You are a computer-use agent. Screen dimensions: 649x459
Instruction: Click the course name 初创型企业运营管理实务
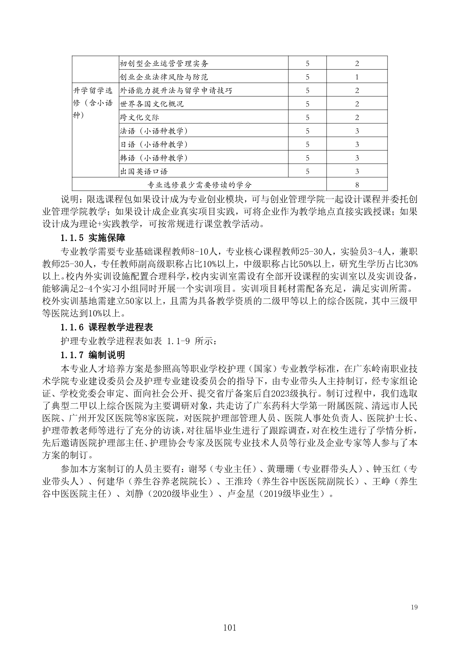(x=164, y=63)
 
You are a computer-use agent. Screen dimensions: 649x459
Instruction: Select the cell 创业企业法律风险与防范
(x=164, y=77)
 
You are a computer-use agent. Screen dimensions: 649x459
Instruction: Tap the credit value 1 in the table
(x=357, y=77)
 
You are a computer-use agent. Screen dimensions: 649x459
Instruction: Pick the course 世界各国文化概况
(x=152, y=104)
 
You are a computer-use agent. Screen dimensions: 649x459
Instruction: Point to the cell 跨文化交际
(x=140, y=117)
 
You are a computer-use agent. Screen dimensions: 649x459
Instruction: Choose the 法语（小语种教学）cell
(x=154, y=131)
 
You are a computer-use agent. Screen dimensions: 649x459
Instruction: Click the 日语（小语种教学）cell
(x=154, y=144)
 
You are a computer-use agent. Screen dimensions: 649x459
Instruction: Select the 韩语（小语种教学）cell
(x=154, y=158)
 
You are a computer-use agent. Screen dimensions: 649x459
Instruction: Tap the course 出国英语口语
(x=144, y=171)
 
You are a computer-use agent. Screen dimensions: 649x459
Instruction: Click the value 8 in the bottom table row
(x=357, y=185)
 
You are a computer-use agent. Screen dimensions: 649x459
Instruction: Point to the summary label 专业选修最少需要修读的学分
(x=199, y=185)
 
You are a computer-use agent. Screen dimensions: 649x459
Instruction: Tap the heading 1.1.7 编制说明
(x=93, y=355)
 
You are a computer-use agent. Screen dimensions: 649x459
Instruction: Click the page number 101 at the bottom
(x=229, y=628)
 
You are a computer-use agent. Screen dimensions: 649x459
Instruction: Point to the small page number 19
(x=414, y=607)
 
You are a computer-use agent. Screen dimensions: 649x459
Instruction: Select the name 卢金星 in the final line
(x=240, y=494)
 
